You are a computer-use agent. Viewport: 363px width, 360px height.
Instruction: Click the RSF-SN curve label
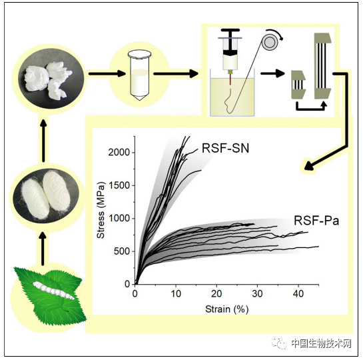point(225,148)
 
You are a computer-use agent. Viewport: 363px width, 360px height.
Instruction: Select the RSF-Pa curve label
point(316,221)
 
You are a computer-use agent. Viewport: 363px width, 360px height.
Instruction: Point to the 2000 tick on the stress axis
point(119,153)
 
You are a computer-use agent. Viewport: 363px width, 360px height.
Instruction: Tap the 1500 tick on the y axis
point(119,185)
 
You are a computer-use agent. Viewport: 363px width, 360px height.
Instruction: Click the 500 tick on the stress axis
point(122,251)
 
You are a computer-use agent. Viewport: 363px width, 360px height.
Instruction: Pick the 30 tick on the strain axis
point(258,294)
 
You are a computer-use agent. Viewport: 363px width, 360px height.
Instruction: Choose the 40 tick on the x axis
point(298,294)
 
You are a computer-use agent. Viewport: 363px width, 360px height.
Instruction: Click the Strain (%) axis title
point(227,309)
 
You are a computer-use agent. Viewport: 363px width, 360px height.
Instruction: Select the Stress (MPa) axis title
point(101,210)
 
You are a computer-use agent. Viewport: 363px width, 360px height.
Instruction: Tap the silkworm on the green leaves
point(53,290)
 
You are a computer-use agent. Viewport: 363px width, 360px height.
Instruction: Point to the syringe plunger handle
point(230,31)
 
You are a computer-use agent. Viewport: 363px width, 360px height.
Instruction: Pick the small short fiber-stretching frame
point(298,85)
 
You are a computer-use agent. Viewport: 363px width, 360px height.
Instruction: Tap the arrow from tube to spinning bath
point(176,74)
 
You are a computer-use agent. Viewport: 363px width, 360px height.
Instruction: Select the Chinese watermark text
point(321,343)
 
